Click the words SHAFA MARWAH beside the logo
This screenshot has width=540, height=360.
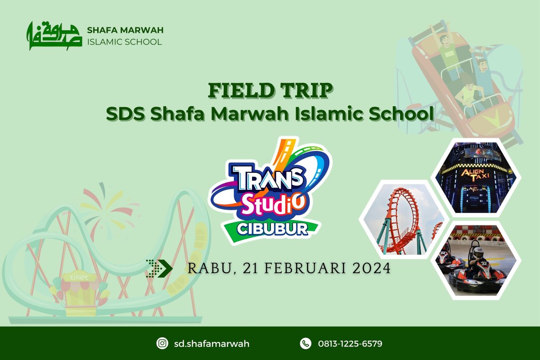pyautogui.click(x=125, y=30)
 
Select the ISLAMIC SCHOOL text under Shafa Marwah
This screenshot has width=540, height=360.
pyautogui.click(x=124, y=42)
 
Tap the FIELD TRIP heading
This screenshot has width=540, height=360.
pyautogui.click(x=270, y=90)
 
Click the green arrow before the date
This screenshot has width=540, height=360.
pyautogui.click(x=159, y=268)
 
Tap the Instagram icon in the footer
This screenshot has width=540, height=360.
pyautogui.click(x=162, y=343)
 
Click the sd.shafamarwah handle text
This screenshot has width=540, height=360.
pyautogui.click(x=211, y=344)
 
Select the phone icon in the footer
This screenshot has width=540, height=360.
pyautogui.click(x=306, y=343)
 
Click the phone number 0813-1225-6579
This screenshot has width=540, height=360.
pyautogui.click(x=350, y=344)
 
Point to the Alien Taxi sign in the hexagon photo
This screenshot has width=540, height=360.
pyautogui.click(x=475, y=175)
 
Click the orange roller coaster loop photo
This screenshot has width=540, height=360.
pyautogui.click(x=404, y=220)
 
